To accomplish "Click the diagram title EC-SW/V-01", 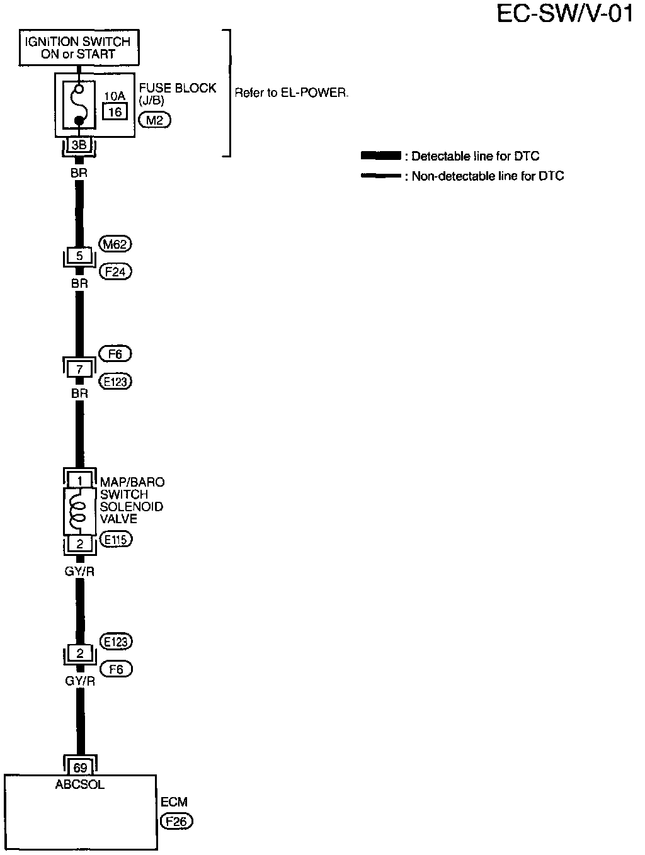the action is pos(565,14).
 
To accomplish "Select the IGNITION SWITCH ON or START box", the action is pos(78,48).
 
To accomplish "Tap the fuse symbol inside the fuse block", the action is pos(78,104).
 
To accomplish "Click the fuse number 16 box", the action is pos(115,112).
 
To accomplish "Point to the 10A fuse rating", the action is pos(115,96).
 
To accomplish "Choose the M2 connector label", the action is pos(154,120).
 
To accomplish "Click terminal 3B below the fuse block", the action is pos(79,145).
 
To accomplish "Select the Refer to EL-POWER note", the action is pos(291,93).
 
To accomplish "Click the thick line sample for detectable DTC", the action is pos(380,156).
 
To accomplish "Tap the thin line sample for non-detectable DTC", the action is pos(380,176).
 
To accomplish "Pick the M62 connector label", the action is pos(116,244).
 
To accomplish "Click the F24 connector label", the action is pos(116,272).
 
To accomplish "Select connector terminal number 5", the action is pos(79,256).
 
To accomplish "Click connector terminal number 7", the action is pos(79,370).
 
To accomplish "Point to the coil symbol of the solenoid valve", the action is pos(78,510).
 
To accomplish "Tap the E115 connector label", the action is pos(116,540).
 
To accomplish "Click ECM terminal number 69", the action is pos(80,767).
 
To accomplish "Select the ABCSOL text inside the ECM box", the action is pos(80,784).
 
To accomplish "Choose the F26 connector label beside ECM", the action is pos(176,821).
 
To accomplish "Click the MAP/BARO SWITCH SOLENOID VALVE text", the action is pos(132,501).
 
